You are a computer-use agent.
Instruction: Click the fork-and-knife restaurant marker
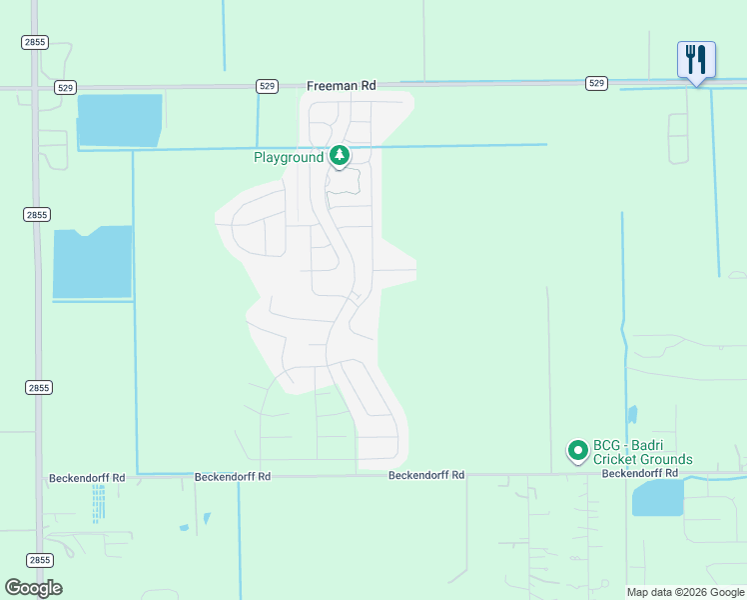(x=696, y=60)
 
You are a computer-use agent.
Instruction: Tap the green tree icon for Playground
(x=341, y=156)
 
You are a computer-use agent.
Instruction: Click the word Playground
(x=289, y=157)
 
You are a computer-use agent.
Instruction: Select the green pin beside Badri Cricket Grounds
(x=577, y=451)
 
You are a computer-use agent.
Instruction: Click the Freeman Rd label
(x=341, y=86)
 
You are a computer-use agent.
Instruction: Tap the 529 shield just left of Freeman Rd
(x=267, y=86)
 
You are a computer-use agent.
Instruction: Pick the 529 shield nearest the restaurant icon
(x=596, y=83)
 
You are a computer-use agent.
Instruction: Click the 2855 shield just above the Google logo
(x=39, y=560)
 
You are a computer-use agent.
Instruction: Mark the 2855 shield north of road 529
(x=35, y=42)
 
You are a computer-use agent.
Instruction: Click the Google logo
(x=33, y=588)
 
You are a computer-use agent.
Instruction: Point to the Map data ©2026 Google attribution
(x=685, y=592)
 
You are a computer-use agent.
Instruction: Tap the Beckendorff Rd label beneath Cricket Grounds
(x=639, y=472)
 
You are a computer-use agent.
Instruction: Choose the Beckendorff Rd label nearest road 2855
(x=87, y=478)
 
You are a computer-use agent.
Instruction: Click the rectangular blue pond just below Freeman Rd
(x=119, y=120)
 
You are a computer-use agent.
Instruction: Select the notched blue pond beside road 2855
(x=92, y=263)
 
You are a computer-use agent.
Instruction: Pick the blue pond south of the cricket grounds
(x=657, y=497)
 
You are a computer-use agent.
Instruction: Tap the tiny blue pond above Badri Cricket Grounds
(x=632, y=414)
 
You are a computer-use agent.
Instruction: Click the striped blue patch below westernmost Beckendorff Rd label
(x=98, y=504)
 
